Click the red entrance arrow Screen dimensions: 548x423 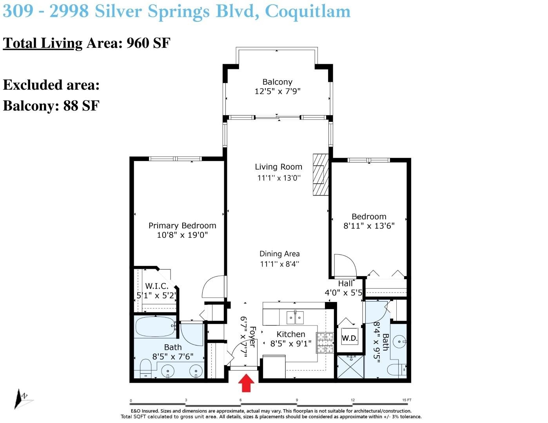(246, 383)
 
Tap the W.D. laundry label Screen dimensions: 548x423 (350, 338)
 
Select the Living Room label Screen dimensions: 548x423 (278, 167)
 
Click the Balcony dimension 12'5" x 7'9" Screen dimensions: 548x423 (278, 91)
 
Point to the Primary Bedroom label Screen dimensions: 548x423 (182, 226)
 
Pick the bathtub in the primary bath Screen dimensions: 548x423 (155, 327)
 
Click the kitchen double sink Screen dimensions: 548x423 (295, 318)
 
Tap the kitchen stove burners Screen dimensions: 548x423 (325, 343)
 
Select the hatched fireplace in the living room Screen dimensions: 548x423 (321, 175)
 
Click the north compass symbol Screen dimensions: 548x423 (22, 399)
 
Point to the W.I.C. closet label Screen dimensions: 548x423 (157, 286)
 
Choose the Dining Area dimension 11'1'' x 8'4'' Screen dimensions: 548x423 (279, 264)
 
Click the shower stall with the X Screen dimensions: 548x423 (350, 367)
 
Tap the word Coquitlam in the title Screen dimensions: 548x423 (308, 11)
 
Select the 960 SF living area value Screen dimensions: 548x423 (148, 43)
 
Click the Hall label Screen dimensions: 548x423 (345, 284)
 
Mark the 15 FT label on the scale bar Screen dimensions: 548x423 (407, 400)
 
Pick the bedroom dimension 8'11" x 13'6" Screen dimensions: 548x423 (369, 226)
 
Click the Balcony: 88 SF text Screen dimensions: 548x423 (51, 106)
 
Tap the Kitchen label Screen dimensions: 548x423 (291, 334)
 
